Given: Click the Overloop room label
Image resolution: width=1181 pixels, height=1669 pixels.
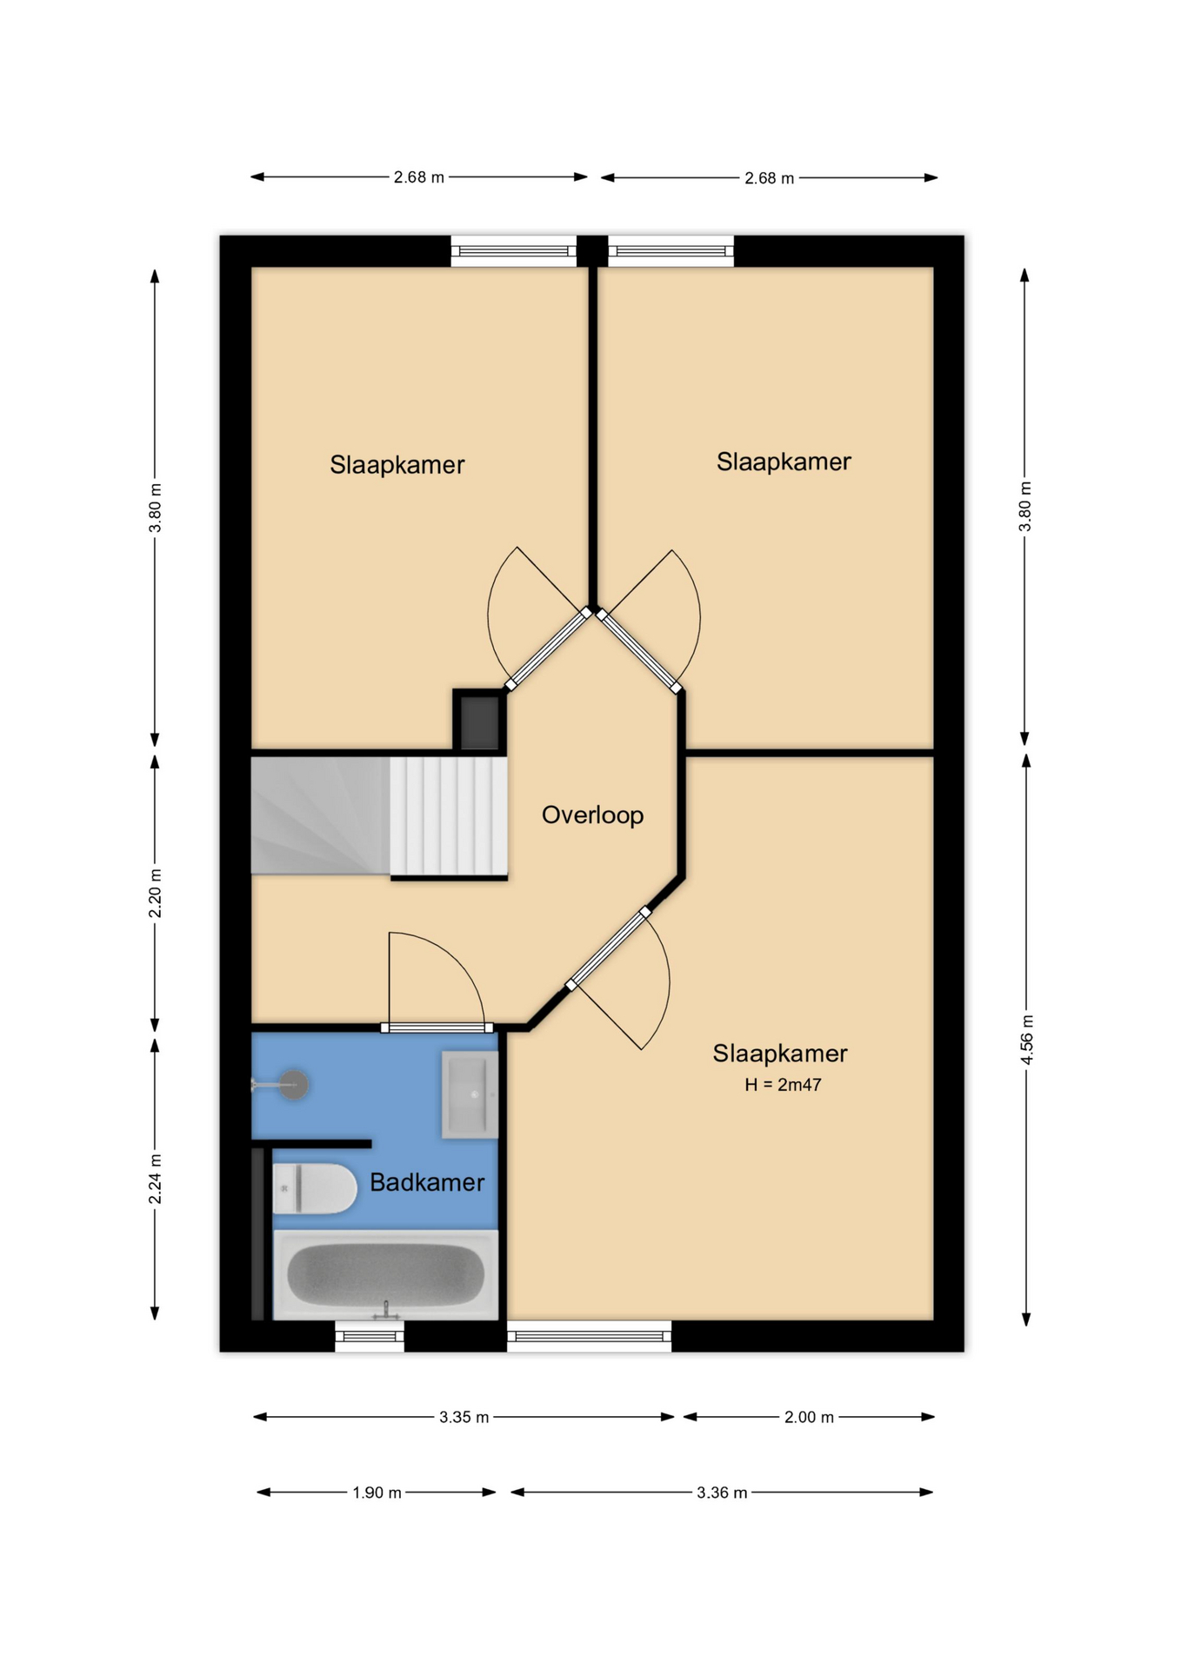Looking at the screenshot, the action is point(592,815).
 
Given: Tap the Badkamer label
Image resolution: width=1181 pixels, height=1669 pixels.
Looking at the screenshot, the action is point(427,1182).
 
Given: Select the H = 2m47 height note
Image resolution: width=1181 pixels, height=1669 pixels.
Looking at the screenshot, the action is point(783,1085).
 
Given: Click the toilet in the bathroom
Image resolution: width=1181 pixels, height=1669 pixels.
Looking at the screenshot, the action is point(315,1188).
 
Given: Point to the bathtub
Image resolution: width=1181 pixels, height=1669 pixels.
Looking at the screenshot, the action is point(386,1274).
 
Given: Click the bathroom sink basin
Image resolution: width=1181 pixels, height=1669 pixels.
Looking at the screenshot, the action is point(470,1094).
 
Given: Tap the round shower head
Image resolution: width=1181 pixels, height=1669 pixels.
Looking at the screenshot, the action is point(294,1085).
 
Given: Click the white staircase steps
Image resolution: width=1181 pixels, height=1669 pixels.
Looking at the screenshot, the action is point(449,815).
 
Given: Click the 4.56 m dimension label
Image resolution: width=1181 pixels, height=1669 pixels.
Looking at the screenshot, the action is point(1026,1040).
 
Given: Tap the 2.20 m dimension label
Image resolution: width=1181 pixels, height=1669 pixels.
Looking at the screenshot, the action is point(155,893).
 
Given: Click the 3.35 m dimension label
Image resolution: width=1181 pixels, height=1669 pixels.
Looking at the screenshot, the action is point(464,1417).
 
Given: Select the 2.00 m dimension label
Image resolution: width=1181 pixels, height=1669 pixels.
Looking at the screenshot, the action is point(809,1417).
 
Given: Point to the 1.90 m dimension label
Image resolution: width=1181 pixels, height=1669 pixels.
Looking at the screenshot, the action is point(377,1493).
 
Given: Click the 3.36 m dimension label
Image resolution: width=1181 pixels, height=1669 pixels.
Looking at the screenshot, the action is point(722,1493).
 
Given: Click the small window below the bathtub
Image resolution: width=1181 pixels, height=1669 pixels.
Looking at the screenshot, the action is point(370,1336).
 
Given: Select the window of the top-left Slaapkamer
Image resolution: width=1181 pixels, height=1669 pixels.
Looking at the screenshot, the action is point(513,251).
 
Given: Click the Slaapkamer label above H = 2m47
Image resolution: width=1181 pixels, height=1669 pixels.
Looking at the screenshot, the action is point(780,1054).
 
